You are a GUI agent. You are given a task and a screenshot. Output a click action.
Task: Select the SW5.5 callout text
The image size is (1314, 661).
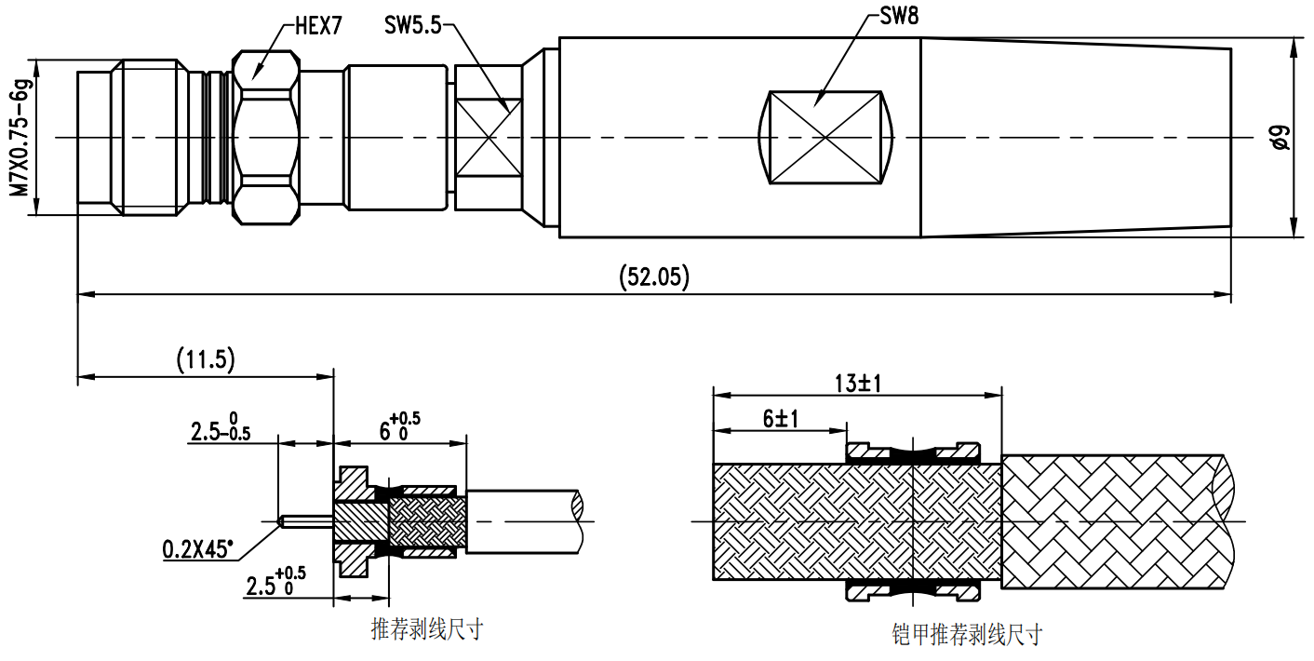(x=412, y=25)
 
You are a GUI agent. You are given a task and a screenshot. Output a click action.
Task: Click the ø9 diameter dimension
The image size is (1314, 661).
(x=1280, y=138)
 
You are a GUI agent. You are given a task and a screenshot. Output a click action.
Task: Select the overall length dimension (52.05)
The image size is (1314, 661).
(x=653, y=277)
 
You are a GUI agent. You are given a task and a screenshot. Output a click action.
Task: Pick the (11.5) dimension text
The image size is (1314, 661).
(x=206, y=359)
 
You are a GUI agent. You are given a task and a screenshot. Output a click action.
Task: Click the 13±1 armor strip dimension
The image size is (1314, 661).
(x=857, y=382)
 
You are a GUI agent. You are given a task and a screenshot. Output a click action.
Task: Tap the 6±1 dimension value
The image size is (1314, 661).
(x=782, y=418)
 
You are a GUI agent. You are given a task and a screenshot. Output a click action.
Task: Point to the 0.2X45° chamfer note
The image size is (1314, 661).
(x=199, y=549)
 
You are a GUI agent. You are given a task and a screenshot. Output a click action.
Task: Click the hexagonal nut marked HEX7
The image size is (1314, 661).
(x=266, y=138)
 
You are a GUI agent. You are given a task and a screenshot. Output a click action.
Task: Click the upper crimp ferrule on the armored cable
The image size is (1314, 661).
(x=913, y=453)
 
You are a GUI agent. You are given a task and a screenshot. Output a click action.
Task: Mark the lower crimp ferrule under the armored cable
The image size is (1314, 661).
(x=913, y=589)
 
